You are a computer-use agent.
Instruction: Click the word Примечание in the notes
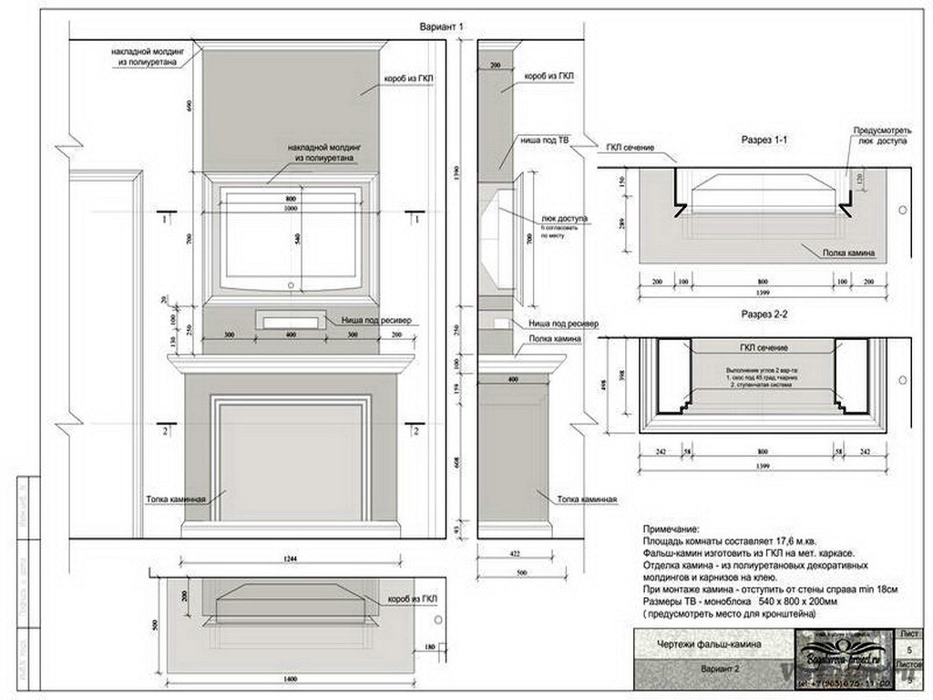tap(672, 529)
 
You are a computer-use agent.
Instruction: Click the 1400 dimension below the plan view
tap(290, 680)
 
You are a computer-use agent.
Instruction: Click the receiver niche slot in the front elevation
tap(290, 320)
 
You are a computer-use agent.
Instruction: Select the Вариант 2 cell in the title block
tap(719, 668)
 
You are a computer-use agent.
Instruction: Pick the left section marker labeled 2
tap(165, 429)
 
